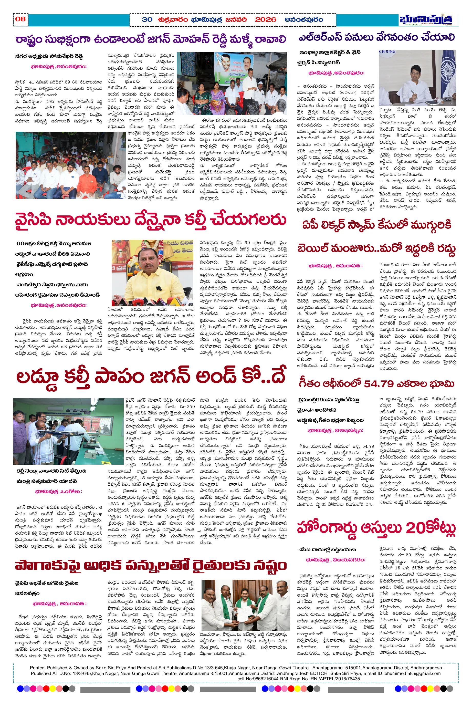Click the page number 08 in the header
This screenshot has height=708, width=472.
pos(20,19)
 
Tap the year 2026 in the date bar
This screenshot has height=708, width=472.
pos(265,20)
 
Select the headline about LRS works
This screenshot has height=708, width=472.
pos(376,38)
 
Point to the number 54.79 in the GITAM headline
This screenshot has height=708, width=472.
pos(378,384)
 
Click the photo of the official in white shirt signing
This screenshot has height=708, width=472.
pos(417,78)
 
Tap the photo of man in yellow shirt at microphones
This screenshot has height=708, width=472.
pos(153,273)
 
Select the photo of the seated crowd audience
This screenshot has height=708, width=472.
pos(70,165)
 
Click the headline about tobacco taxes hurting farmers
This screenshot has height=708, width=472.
pos(151,566)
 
